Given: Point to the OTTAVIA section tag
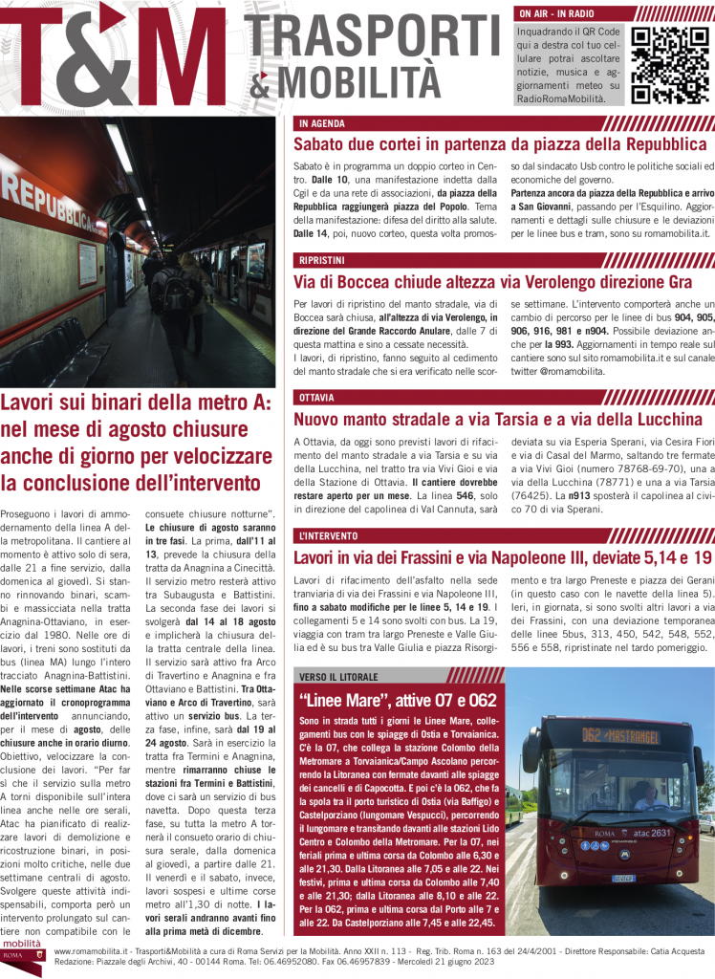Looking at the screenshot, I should point(316,397).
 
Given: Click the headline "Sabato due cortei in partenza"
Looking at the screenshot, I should point(500,144).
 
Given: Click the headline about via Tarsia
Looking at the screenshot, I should point(497,419).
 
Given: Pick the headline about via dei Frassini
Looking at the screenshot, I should point(502,556).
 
